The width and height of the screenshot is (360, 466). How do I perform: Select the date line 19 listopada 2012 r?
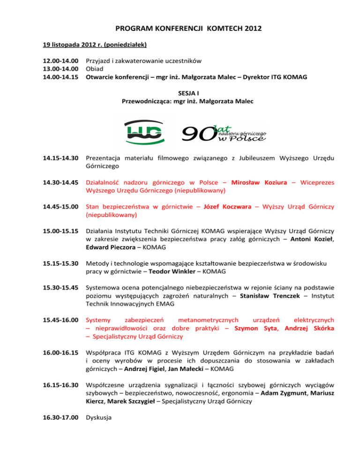(92, 45)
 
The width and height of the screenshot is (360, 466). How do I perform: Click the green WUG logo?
(144, 131)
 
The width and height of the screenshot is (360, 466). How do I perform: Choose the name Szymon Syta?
(255, 328)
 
